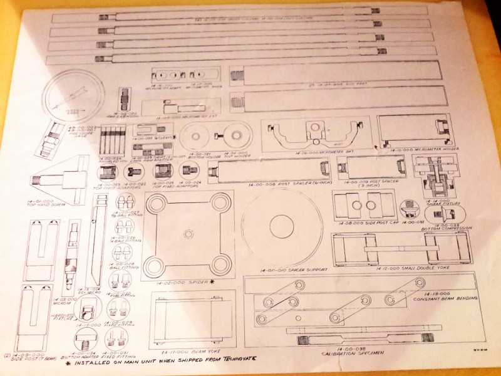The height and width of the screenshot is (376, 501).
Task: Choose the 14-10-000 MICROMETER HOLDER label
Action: pyautogui.click(x=418, y=152)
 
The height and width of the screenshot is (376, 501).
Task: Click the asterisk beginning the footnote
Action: pyautogui.click(x=68, y=361)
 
